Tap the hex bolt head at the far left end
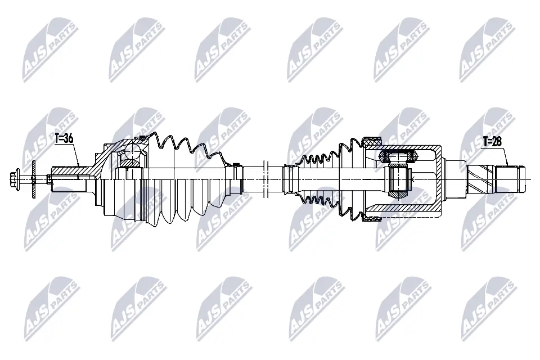pyautogui.click(x=15, y=179)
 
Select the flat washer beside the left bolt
pyautogui.click(x=33, y=179)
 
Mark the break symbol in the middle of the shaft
pyautogui.click(x=267, y=179)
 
